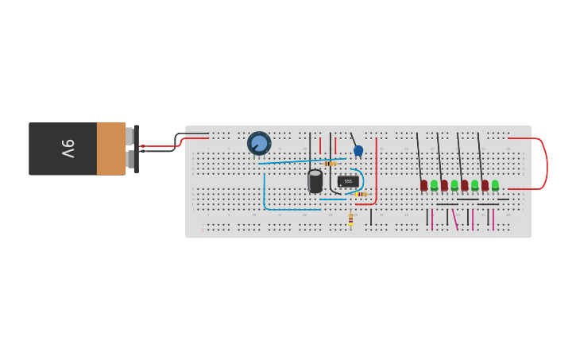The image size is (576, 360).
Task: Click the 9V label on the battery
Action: [68, 149]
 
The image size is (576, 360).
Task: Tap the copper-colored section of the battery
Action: [110, 149]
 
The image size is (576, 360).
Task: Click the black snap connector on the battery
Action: [136, 149]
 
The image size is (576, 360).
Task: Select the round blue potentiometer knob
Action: [259, 143]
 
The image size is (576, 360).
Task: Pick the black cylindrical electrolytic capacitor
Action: [315, 181]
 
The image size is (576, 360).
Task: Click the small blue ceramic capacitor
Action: [358, 150]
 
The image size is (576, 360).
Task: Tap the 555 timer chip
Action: [348, 181]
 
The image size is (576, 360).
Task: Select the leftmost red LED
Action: [424, 185]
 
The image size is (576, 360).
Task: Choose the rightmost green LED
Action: [495, 185]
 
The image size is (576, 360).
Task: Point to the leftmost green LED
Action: [434, 185]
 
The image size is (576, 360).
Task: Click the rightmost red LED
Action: [485, 185]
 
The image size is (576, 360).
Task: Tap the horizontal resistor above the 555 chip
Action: [330, 164]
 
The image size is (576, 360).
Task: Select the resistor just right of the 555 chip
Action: [361, 194]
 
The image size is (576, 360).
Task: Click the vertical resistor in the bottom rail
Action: [350, 219]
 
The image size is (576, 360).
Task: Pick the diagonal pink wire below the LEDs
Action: [454, 219]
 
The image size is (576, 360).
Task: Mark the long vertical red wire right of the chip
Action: [377, 171]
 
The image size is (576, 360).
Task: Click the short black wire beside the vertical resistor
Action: [370, 217]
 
